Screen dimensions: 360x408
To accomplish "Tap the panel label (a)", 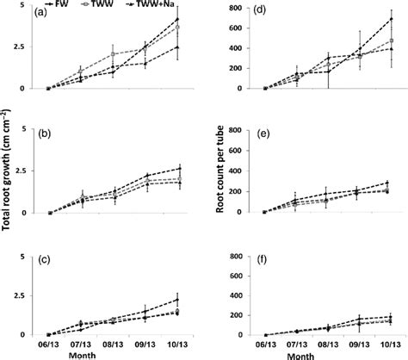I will [x=40, y=15].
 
